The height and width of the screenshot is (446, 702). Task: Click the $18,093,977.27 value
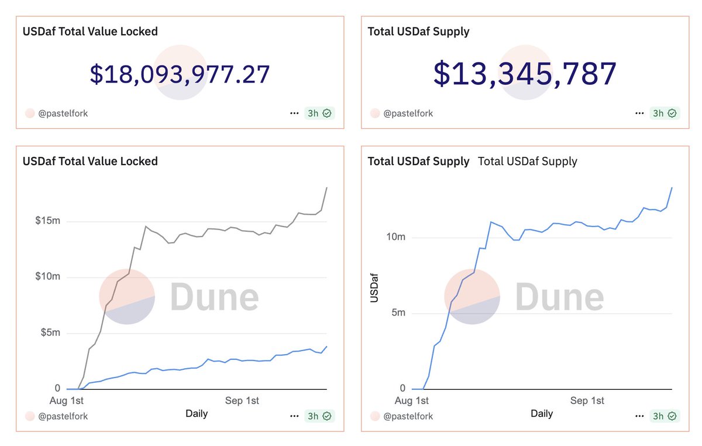click(x=180, y=74)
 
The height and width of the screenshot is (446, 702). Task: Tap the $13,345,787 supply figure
click(x=525, y=74)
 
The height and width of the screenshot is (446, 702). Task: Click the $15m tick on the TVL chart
click(x=47, y=221)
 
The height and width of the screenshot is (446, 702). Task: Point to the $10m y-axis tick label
click(x=47, y=277)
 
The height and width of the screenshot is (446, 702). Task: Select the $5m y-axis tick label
click(x=50, y=333)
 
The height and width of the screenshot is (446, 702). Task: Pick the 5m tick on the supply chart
click(x=398, y=313)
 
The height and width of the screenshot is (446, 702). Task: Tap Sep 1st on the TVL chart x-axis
click(x=242, y=401)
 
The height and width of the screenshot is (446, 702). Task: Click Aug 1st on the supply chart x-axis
click(x=412, y=401)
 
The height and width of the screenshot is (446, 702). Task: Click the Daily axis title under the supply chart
click(x=542, y=414)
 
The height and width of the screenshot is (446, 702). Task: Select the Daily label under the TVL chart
click(x=197, y=414)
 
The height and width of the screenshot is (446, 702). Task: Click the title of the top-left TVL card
click(x=90, y=32)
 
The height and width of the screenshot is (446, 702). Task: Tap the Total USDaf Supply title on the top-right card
click(x=418, y=32)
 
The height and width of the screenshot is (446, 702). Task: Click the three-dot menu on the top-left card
click(x=294, y=114)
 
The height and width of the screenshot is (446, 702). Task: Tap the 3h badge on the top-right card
click(x=665, y=114)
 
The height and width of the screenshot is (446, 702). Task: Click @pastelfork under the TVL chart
click(x=63, y=417)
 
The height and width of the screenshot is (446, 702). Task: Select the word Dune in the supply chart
click(x=559, y=297)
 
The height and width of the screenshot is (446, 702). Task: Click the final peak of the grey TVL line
click(x=327, y=188)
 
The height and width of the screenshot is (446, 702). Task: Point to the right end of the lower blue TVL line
click(x=327, y=346)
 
